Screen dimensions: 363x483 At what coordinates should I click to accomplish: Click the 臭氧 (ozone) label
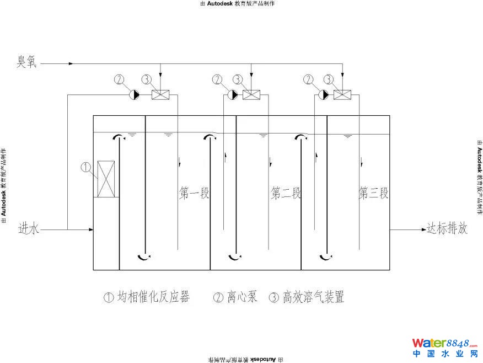pos(25,62)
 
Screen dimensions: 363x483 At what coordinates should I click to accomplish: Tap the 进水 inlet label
pos(29,228)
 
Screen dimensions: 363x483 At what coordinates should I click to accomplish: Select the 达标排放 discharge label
pos(447,228)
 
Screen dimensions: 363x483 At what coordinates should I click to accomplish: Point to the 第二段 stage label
pos(286,193)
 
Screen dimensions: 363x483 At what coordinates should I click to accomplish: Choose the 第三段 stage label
pos(374,193)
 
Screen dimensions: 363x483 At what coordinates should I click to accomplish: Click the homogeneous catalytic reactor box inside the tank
pos(106,179)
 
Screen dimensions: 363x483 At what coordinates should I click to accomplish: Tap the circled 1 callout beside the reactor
pos(85,166)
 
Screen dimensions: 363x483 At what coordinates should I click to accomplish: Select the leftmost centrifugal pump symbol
pos(135,95)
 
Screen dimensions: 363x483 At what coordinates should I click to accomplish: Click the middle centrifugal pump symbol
pos(233,95)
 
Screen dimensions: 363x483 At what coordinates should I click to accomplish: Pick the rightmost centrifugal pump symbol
pos(324,95)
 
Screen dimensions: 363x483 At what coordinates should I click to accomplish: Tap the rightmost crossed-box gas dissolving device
pos(342,95)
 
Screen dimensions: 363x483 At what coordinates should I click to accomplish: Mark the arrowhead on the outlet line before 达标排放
pos(420,229)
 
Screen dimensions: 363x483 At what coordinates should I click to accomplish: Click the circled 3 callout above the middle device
pos(238,79)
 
